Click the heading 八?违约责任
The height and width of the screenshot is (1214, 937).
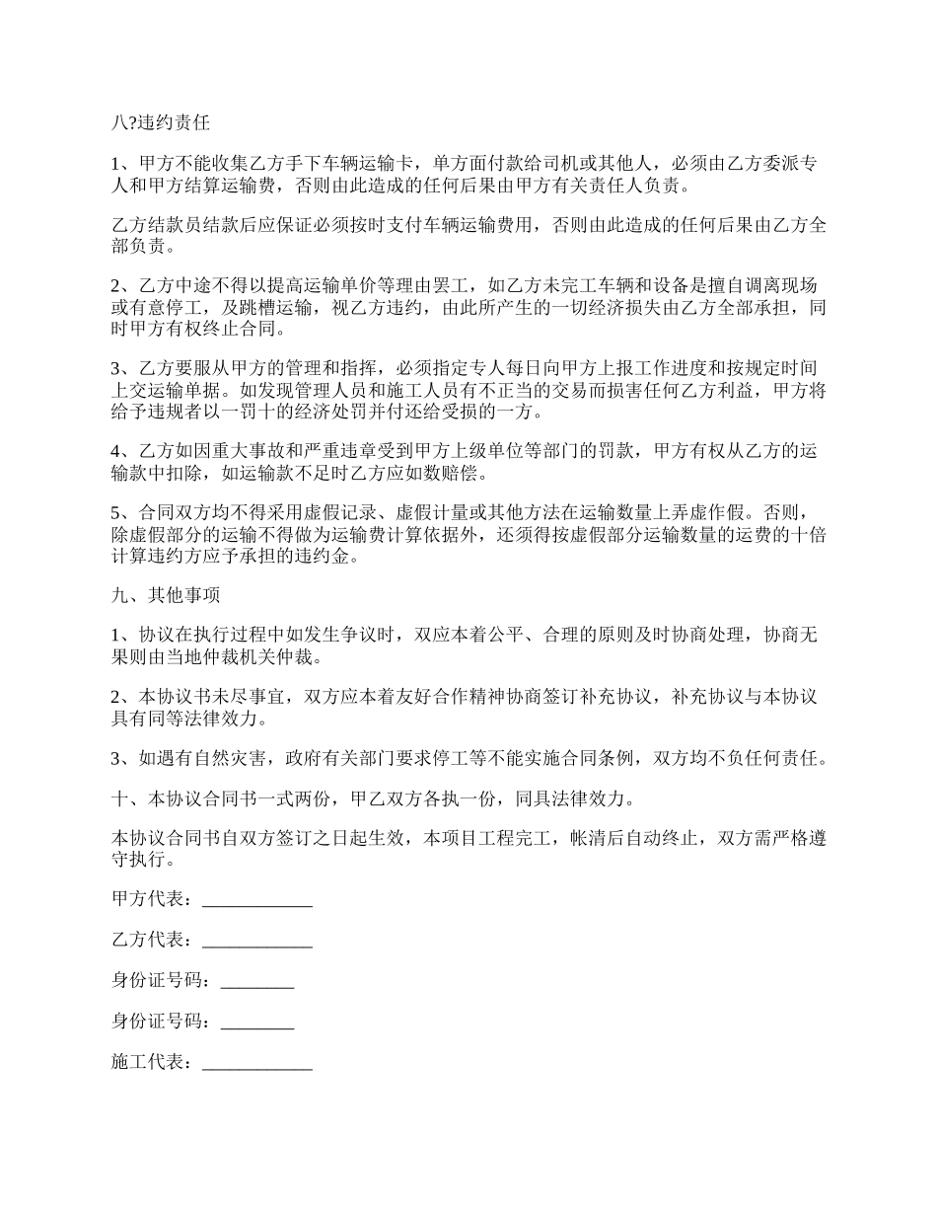point(160,123)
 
